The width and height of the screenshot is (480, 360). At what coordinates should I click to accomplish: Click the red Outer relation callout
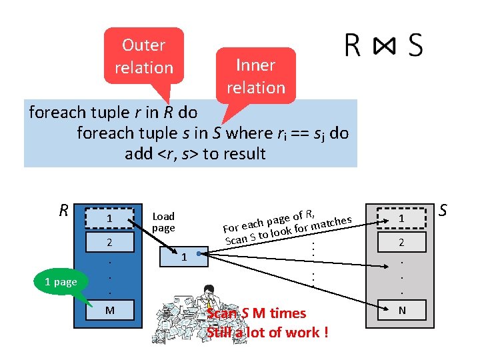point(143,56)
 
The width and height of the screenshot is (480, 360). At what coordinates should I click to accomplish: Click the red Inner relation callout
point(255,76)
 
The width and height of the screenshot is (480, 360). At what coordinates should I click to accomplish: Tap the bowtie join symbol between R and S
point(384,45)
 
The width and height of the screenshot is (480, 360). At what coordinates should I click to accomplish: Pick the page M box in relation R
point(112,309)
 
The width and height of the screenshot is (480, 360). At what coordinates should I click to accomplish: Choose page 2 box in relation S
point(401,243)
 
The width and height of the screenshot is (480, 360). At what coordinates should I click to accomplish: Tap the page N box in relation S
point(401,309)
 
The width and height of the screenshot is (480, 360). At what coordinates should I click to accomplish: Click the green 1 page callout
point(61,282)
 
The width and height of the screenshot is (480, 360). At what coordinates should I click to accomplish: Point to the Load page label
point(163,222)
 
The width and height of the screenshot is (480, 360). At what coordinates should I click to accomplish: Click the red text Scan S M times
point(257,313)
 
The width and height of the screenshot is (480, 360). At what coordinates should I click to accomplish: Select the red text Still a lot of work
point(267,332)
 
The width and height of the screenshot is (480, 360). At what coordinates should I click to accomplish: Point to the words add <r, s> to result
point(195,154)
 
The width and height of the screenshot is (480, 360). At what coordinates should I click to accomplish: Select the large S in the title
point(415,45)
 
